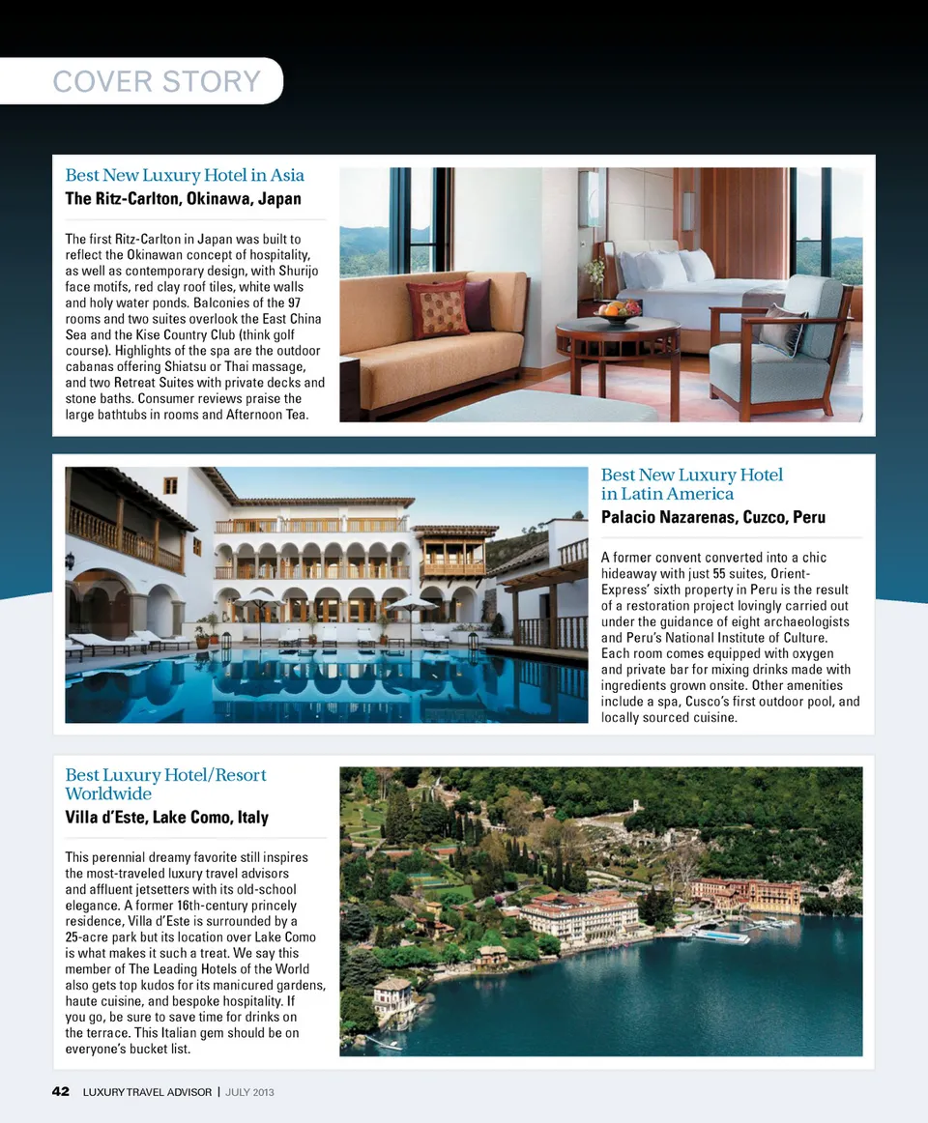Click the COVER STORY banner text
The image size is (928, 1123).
157,81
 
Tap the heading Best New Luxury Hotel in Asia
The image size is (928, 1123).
185,175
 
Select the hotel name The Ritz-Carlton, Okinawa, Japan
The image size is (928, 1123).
183,199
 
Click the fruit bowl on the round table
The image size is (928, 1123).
618,311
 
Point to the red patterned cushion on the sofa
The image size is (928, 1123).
437,309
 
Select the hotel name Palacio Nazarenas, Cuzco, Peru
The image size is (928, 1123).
712,517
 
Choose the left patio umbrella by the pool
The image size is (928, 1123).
258,604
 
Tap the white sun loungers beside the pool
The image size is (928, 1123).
126,641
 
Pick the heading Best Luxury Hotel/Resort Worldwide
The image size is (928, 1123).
165,784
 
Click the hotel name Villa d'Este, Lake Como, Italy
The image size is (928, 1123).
166,818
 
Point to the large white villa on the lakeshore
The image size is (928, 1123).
578,914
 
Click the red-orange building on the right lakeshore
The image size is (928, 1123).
746,894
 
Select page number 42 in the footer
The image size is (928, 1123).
60,1092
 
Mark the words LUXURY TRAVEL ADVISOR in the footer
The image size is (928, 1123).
147,1092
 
